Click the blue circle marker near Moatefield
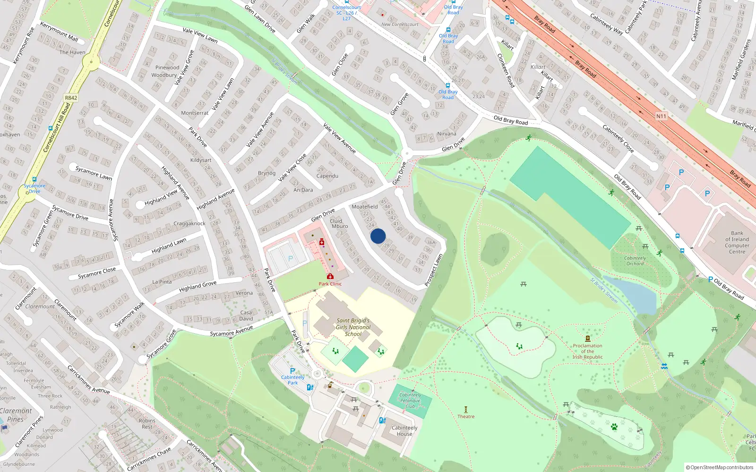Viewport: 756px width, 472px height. (378, 236)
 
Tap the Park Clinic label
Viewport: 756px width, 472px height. (330, 284)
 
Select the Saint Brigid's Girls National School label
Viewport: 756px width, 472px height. (353, 327)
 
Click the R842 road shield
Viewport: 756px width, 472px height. (71, 98)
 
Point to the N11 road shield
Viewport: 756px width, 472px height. (661, 116)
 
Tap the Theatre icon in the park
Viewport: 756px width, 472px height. (466, 409)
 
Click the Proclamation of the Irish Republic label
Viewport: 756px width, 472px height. (587, 351)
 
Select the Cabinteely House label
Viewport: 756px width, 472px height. (404, 430)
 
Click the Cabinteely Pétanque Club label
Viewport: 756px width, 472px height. (410, 400)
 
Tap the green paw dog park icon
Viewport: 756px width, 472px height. (614, 427)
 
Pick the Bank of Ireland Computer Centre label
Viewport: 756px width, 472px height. (737, 242)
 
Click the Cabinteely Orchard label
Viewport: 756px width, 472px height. (635, 261)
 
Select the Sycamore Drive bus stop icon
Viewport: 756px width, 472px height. (34, 179)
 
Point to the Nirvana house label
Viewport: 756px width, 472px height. (447, 134)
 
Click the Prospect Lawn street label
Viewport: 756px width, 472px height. (433, 270)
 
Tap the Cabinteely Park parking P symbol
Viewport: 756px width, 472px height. (292, 371)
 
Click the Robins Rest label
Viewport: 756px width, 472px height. (147, 423)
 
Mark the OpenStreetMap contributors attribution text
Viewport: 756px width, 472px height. (720, 467)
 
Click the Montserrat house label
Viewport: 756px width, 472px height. (195, 113)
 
